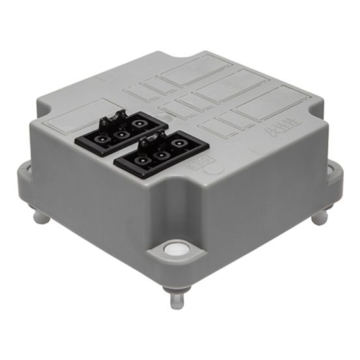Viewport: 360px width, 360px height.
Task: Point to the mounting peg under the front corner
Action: pos(176,299)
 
